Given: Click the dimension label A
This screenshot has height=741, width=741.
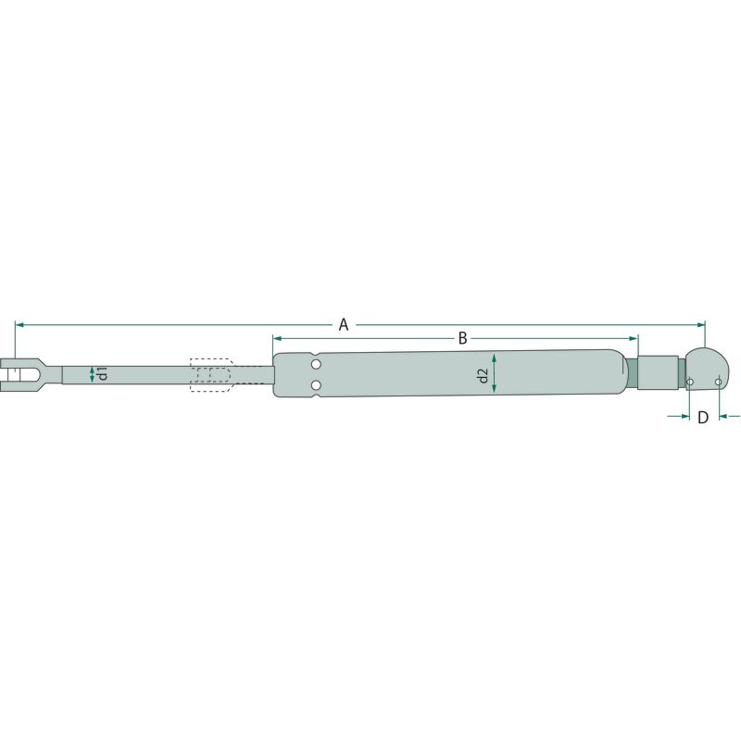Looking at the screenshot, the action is click(344, 325).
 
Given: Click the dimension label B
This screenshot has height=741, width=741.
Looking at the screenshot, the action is click(462, 338).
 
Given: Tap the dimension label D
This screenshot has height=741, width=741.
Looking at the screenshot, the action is click(703, 418).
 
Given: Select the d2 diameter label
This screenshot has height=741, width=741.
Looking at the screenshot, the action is click(482, 376).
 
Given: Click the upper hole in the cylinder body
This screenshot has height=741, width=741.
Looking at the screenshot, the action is click(316, 364).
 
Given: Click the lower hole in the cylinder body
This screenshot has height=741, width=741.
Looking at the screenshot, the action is click(316, 385).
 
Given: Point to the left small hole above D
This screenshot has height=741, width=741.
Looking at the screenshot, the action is click(690, 382).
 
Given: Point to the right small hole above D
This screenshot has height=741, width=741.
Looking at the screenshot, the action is click(719, 382).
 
